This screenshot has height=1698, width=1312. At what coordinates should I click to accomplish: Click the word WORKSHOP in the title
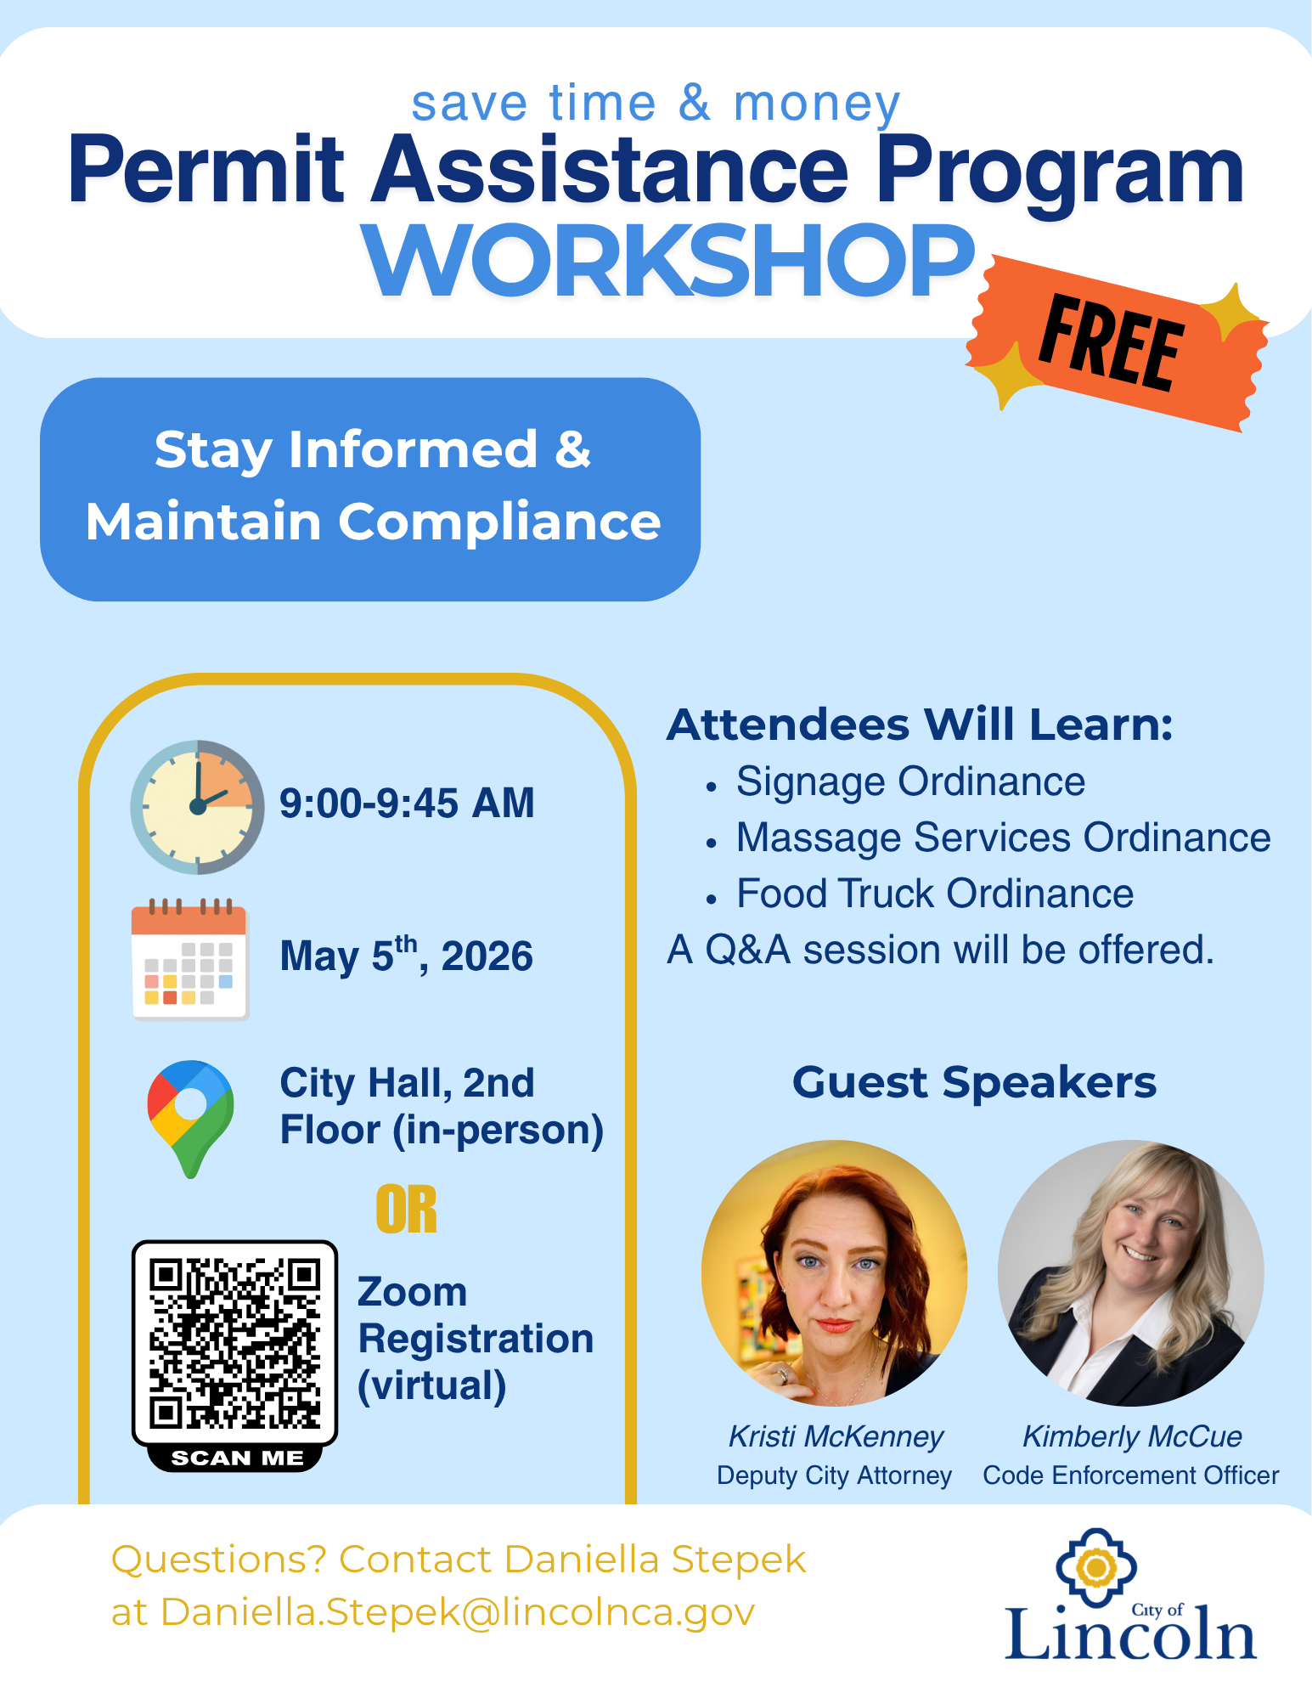pyautogui.click(x=669, y=262)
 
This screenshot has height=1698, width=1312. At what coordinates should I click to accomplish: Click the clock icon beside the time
pyautogui.click(x=197, y=807)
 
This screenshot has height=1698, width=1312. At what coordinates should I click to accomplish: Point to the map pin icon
pyautogui.click(x=190, y=1118)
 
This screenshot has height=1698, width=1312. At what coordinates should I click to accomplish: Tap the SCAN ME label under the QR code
pyautogui.click(x=237, y=1458)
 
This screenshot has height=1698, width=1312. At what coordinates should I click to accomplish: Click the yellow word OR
pyautogui.click(x=407, y=1210)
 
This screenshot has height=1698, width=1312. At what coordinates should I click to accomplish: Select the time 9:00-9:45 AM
pyautogui.click(x=407, y=803)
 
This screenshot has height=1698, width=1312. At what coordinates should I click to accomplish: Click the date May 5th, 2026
pyautogui.click(x=407, y=955)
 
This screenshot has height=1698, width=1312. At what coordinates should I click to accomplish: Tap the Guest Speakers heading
pyautogui.click(x=974, y=1083)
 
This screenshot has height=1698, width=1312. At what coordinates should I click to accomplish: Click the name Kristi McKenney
pyautogui.click(x=836, y=1436)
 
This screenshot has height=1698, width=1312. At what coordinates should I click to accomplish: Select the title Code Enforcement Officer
pyautogui.click(x=1130, y=1475)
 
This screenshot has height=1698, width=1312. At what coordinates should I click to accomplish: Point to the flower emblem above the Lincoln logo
pyautogui.click(x=1096, y=1568)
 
